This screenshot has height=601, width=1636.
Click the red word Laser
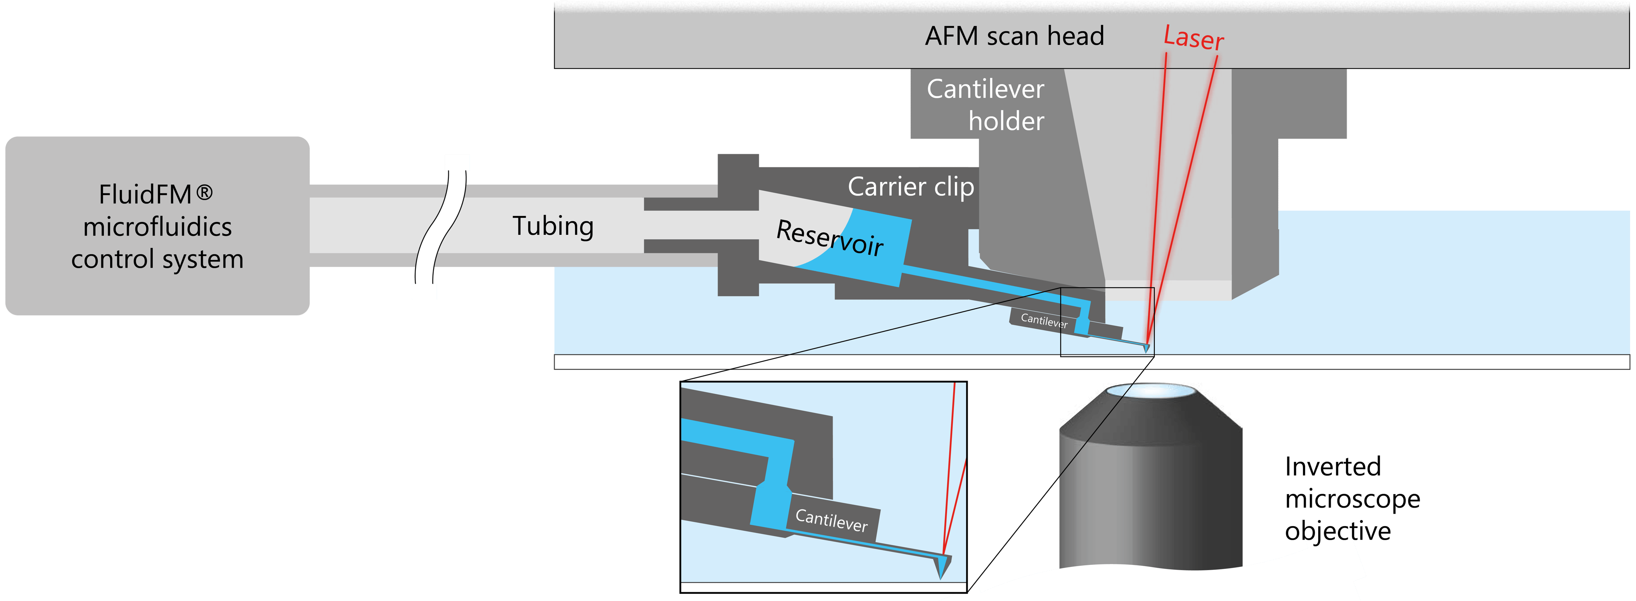1193,38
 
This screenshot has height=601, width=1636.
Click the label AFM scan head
1014,36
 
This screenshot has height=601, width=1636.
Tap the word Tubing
553,226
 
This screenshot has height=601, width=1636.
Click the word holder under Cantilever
1006,121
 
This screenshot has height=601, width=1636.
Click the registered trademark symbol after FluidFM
204,192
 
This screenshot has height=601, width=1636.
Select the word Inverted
1332,467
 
